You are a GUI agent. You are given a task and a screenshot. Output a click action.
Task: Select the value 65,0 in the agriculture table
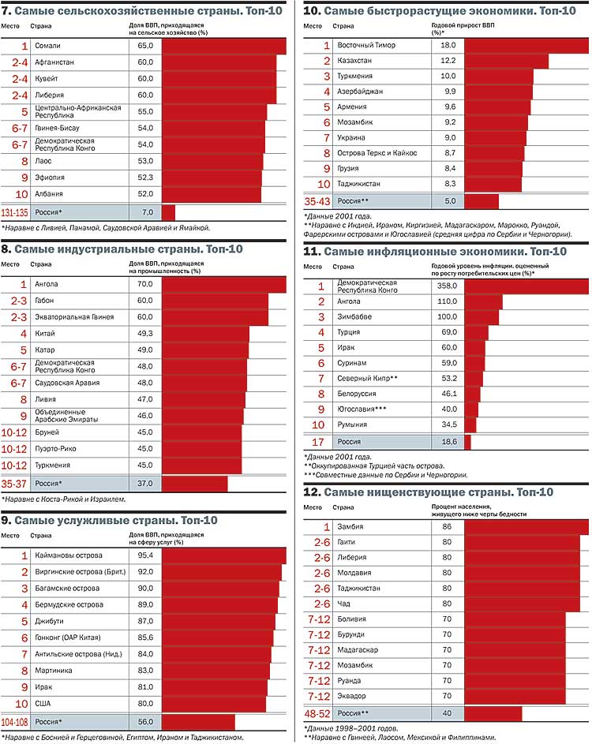[x=145, y=47]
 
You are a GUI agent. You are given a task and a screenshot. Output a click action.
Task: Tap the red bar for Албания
[x=211, y=194]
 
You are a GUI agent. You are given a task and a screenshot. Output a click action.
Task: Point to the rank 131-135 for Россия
[x=15, y=213]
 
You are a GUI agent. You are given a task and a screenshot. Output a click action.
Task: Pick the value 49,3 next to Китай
[x=145, y=334]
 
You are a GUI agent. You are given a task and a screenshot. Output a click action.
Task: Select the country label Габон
[x=47, y=301]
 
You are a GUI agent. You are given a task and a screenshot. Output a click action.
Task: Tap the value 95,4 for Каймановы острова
[x=145, y=556]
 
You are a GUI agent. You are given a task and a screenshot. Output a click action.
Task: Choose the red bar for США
[x=213, y=704]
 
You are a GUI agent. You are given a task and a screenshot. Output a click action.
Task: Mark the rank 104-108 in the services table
[x=15, y=722]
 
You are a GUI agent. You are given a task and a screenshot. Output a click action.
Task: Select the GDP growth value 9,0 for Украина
[x=448, y=137]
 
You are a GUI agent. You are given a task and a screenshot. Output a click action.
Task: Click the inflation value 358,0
[x=447, y=286]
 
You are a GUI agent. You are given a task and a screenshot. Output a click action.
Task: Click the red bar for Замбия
[x=526, y=526]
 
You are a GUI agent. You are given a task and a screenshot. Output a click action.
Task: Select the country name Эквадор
[x=351, y=696]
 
